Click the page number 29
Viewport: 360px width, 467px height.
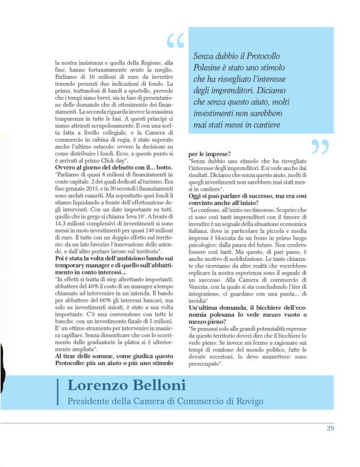(x=330, y=428)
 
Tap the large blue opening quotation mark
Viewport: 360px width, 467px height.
(x=176, y=42)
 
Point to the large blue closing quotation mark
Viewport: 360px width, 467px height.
(x=319, y=148)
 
